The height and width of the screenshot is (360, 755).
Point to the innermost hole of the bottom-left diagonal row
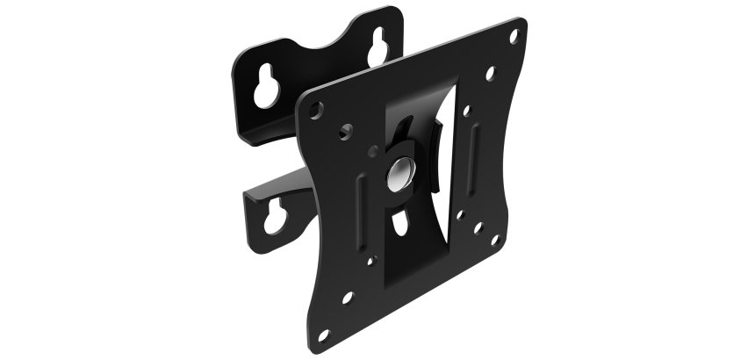pos(371,260)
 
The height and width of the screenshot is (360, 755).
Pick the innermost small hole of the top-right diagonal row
pos(469,112)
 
